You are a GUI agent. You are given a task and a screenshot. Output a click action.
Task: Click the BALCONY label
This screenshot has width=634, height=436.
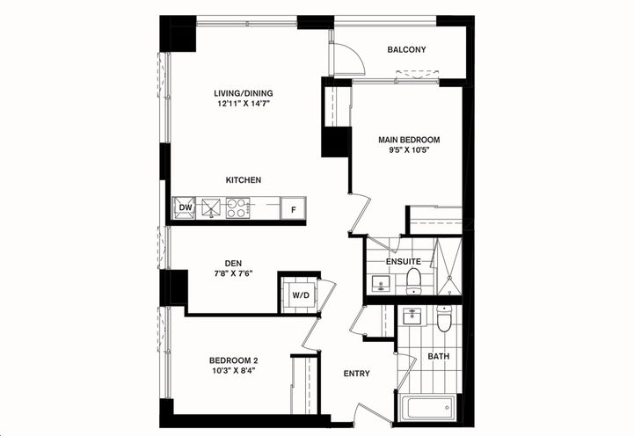(406, 50)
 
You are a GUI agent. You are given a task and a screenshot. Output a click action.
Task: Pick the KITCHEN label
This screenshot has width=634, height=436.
(244, 179)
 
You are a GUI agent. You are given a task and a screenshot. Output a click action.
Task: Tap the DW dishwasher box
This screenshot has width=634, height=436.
(186, 208)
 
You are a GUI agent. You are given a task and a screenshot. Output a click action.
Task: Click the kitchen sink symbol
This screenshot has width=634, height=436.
(211, 208)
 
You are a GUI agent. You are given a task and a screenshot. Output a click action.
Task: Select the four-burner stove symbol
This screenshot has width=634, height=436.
(238, 208)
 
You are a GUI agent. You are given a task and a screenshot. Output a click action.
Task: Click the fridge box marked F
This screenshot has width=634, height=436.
(293, 209)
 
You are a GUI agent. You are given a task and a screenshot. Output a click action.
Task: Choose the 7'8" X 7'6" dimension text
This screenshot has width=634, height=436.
(233, 272)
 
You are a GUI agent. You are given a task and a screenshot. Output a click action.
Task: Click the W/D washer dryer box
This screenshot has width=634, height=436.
(300, 294)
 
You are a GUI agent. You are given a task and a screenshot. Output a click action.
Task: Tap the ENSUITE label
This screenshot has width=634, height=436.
(404, 262)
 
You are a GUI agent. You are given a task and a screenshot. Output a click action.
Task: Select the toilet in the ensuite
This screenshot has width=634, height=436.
(413, 281)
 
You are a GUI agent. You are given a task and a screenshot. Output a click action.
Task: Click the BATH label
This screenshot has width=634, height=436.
(438, 356)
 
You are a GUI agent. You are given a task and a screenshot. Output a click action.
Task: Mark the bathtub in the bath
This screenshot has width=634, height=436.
(428, 409)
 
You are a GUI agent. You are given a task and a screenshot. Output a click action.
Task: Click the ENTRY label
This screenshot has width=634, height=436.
(356, 374)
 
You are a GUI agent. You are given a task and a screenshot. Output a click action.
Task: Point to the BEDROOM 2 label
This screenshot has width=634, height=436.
(233, 360)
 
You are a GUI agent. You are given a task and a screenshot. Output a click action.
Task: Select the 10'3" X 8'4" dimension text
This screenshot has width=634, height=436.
(233, 373)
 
